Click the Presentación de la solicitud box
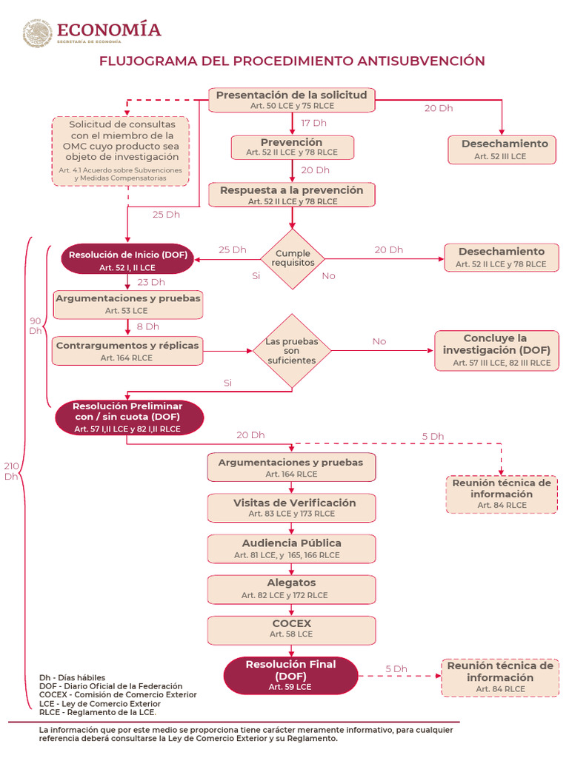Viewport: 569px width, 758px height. coord(292,100)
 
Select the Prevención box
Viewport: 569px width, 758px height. coord(292,147)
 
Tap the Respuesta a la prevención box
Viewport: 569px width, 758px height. coord(292,195)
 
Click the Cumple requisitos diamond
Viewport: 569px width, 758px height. coord(292,259)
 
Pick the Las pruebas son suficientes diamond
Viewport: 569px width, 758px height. coord(292,351)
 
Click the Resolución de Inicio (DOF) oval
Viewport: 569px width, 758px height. coord(127,260)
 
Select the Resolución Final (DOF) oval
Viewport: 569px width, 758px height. coord(290,675)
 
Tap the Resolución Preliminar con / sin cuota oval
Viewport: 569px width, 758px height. coord(129,417)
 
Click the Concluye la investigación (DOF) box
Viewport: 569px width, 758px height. coord(496,350)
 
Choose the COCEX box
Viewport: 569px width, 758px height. coord(292,630)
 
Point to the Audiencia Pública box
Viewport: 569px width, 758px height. coord(292,549)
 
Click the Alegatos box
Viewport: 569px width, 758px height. coord(292,589)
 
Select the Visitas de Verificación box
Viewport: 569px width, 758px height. coord(292,508)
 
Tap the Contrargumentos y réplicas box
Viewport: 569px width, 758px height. coord(127,351)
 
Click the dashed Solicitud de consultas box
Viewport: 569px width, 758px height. coord(121,151)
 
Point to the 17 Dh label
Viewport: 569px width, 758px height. coord(313,124)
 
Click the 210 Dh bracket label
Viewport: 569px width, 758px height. coord(11,472)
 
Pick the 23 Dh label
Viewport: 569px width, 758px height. coord(151,282)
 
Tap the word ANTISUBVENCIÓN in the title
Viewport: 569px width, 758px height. coord(421,61)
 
